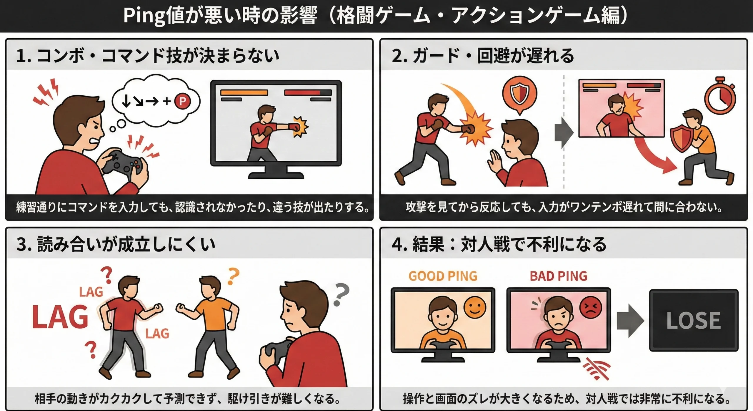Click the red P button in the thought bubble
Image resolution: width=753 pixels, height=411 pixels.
pyautogui.click(x=182, y=101)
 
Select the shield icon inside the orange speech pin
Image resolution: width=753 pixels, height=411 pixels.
pyautogui.click(x=519, y=93)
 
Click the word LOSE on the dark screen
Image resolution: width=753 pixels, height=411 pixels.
pyautogui.click(x=694, y=320)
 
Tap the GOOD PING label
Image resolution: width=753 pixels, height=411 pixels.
pyautogui.click(x=443, y=276)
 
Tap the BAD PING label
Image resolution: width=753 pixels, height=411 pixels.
pyautogui.click(x=558, y=276)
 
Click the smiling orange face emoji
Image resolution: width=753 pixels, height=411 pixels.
pyautogui.click(x=475, y=307)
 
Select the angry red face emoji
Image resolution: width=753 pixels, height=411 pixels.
pyautogui.click(x=590, y=307)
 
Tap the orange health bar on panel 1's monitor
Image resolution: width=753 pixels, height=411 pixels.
pyautogui.click(x=244, y=92)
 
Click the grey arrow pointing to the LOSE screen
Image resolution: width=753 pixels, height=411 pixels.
pyautogui.click(x=630, y=321)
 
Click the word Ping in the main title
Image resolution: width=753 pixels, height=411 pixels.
pyautogui.click(x=144, y=16)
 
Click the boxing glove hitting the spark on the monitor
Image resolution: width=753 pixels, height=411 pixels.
pyautogui.click(x=294, y=127)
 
